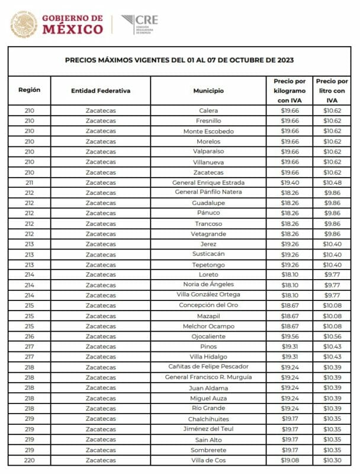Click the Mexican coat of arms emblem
pos(24,24)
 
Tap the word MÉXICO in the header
pos(72,29)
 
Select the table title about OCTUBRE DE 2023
pos(179,60)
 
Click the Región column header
pos(30,90)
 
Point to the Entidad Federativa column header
pos(101,91)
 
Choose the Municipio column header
pos(208,91)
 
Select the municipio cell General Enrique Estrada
pos(208,182)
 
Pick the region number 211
pos(30,182)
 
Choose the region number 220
pos(30,460)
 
